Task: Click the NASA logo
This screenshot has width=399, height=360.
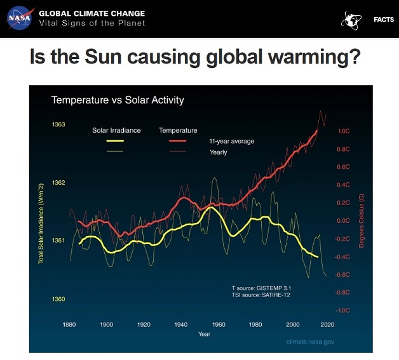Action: (x=20, y=18)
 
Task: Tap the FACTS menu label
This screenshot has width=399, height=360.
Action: (x=383, y=20)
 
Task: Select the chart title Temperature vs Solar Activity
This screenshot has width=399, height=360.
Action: (x=117, y=100)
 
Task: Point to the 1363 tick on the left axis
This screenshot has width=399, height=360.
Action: (x=58, y=124)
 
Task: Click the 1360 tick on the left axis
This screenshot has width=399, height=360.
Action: (x=58, y=299)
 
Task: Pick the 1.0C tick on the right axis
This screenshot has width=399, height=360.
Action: (x=344, y=131)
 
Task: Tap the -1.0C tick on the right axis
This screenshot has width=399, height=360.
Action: (x=343, y=310)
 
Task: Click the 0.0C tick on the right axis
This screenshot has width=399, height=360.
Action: (x=344, y=221)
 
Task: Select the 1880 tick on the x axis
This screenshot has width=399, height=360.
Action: (x=69, y=324)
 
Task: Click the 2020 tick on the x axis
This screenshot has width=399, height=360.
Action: (x=329, y=324)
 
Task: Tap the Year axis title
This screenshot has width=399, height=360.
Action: (x=204, y=334)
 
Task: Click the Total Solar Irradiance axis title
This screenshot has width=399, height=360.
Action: (x=41, y=222)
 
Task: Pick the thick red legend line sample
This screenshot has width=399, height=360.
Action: (x=182, y=140)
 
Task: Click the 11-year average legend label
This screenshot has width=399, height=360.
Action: (x=231, y=141)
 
